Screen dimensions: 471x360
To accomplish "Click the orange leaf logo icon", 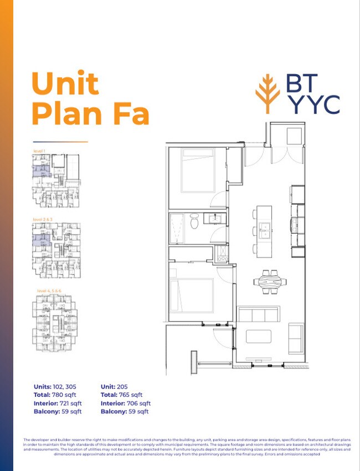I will (268, 95).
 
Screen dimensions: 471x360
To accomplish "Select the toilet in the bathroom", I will (194, 223).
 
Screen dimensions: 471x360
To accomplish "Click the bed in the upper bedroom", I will (197, 172).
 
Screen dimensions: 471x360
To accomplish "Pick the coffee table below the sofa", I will (259, 337).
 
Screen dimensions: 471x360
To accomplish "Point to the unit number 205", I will (125, 386).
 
